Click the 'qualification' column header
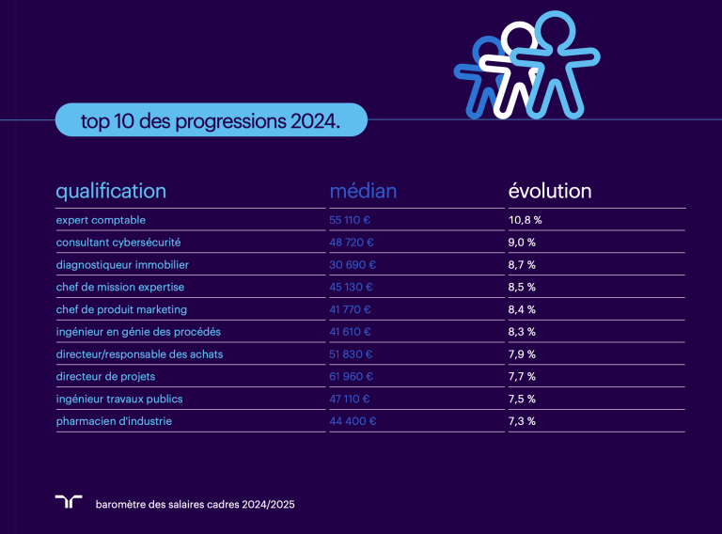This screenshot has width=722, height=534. pos(111,191)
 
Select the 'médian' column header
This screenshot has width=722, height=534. pos(363,191)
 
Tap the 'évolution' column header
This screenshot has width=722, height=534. pos(550,191)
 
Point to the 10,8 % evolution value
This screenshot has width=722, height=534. pos(526,219)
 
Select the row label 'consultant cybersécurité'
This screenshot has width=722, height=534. pos(118,242)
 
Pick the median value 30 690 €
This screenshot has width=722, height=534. pos(353,264)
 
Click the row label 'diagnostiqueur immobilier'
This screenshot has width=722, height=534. pos(122,264)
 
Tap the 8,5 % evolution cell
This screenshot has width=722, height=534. pos(522,287)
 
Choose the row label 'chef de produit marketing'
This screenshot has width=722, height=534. pos(121,309)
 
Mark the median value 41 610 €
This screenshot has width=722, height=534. pos(351,332)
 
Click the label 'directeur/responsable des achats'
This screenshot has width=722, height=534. pos(139,354)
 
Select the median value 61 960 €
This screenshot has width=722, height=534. pos(353,377)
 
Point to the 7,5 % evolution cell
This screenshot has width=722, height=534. pos(522,400)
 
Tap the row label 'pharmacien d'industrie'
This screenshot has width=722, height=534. pos(114,421)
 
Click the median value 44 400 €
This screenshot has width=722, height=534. pos(353,421)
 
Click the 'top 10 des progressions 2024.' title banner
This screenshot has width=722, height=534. pos(211,121)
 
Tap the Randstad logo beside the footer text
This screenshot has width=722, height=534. pos(69,502)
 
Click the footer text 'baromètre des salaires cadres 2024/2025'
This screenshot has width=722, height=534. pos(196,505)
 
